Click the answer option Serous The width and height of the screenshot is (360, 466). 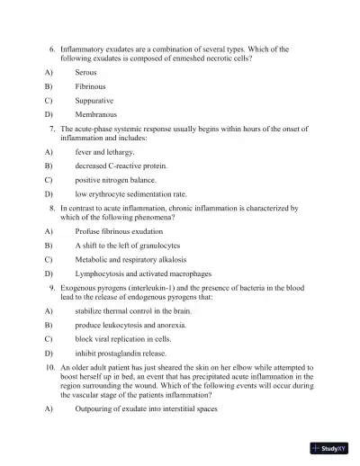click(x=85, y=70)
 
